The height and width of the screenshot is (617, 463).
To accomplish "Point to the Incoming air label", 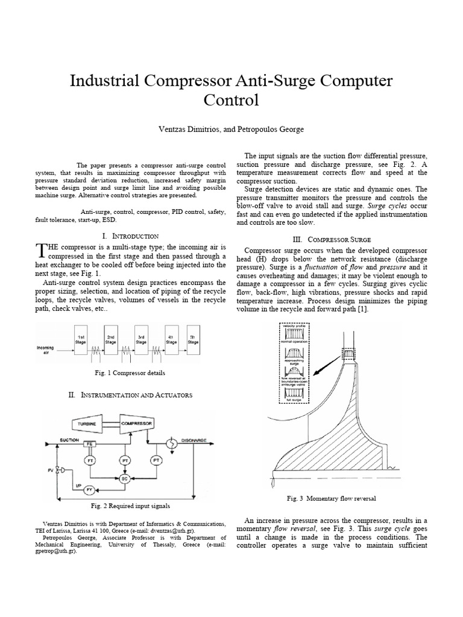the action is pos(46,350).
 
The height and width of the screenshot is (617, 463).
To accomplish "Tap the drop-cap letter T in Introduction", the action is pos(41,250).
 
